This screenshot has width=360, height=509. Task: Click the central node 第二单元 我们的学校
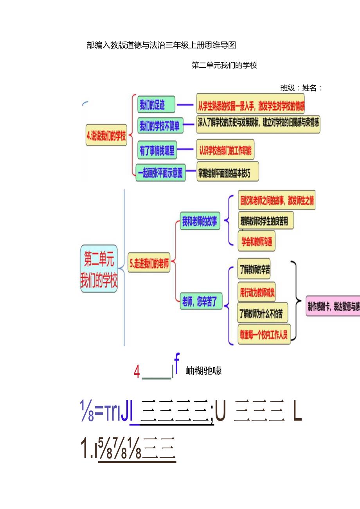(99, 268)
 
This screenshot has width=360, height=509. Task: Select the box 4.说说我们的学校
(106, 137)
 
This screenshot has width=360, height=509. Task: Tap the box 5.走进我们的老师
(149, 264)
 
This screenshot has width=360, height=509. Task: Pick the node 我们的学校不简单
(160, 126)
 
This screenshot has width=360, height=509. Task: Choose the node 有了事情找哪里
(157, 151)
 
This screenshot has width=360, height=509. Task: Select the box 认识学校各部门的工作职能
(225, 150)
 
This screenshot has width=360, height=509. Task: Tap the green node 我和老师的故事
(200, 222)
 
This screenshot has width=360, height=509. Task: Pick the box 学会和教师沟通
(256, 240)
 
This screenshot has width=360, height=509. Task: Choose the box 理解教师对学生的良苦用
(265, 221)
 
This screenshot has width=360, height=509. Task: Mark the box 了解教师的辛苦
(254, 270)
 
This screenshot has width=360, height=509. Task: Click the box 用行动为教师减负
(257, 291)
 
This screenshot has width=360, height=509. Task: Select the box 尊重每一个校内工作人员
(264, 335)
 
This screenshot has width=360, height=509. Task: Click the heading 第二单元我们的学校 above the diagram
(224, 65)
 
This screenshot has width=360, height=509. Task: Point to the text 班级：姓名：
(301, 88)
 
